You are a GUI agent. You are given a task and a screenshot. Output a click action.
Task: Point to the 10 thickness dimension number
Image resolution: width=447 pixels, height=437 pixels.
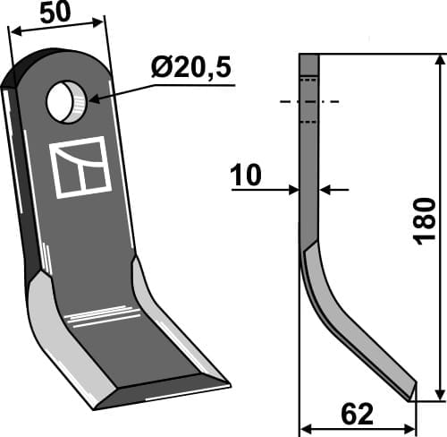(246, 176)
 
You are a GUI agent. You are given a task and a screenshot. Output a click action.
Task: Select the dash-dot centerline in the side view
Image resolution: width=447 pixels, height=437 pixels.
(308, 101)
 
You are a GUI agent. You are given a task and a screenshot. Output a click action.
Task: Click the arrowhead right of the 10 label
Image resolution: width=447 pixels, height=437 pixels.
(325, 189)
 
